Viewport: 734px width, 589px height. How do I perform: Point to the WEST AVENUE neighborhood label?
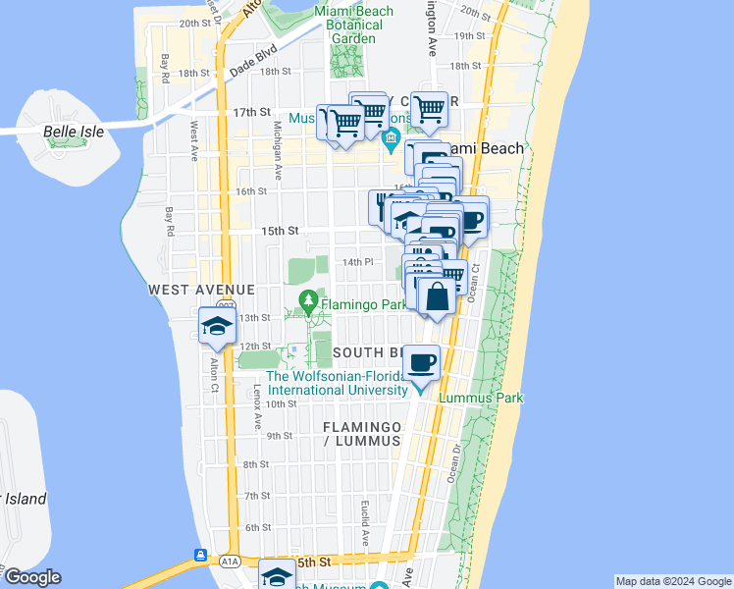coord(201,290)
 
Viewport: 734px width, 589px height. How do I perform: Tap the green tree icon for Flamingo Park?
coord(309,298)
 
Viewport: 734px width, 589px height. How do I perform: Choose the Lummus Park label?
coord(481,398)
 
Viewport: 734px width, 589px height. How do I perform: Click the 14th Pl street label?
coord(358,262)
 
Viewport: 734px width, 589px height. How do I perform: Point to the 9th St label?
coord(280,436)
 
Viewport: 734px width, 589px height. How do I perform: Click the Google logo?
coord(31,577)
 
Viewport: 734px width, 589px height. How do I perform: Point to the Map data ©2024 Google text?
coord(672,581)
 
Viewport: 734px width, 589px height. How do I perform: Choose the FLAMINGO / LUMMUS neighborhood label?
coord(362,434)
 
